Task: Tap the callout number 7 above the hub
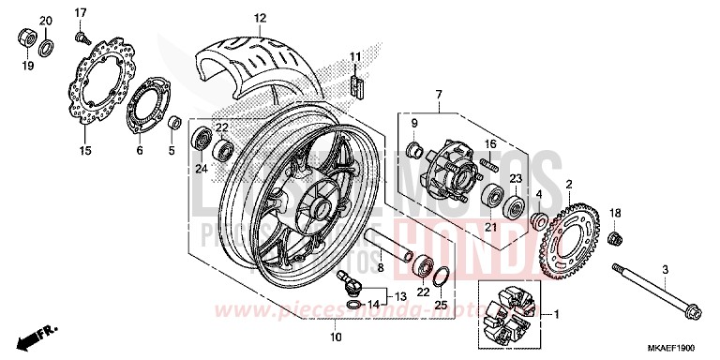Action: [437, 95]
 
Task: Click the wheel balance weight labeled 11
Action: [354, 85]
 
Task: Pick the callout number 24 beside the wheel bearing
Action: [201, 169]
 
